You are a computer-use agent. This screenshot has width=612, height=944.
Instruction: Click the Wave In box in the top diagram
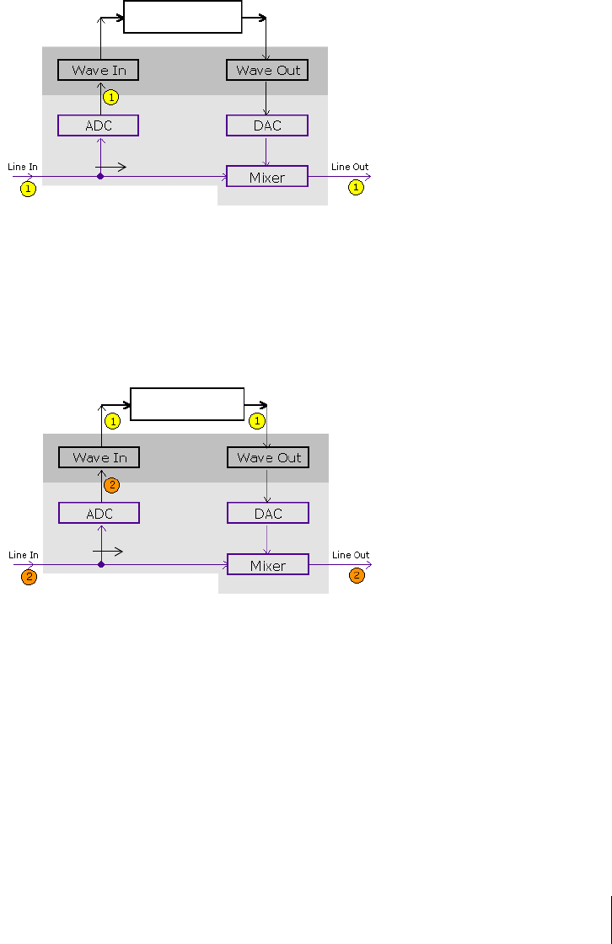pyautogui.click(x=98, y=70)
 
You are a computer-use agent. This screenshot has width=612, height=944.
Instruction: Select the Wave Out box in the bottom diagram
pyautogui.click(x=268, y=457)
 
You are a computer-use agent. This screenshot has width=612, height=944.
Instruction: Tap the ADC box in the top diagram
pyautogui.click(x=98, y=125)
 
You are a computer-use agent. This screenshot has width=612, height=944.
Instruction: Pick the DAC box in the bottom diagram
pyautogui.click(x=268, y=513)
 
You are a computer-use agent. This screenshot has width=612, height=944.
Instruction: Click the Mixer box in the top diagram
pyautogui.click(x=267, y=177)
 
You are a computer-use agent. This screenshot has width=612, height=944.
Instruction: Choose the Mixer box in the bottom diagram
pyautogui.click(x=268, y=565)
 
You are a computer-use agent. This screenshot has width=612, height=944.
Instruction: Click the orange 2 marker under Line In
pyautogui.click(x=29, y=577)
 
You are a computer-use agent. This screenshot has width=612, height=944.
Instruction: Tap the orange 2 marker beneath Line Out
pyautogui.click(x=357, y=576)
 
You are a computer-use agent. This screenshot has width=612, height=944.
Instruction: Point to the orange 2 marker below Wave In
pyautogui.click(x=111, y=485)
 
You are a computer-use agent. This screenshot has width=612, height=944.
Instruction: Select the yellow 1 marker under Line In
pyautogui.click(x=28, y=189)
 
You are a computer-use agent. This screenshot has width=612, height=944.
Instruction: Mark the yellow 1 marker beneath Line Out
pyautogui.click(x=357, y=188)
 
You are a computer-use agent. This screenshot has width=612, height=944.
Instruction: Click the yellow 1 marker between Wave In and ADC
pyautogui.click(x=110, y=97)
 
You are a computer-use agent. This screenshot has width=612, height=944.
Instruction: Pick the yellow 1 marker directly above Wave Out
pyautogui.click(x=257, y=419)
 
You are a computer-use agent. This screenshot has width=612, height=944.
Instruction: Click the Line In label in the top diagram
pyautogui.click(x=23, y=167)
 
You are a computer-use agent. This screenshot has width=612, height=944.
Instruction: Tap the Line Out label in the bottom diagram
pyautogui.click(x=351, y=555)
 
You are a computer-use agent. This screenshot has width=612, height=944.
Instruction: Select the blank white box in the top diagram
pyautogui.click(x=183, y=17)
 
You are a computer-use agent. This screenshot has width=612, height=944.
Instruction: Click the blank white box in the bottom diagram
pyautogui.click(x=187, y=404)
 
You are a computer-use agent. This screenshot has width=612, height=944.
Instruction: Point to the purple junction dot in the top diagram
pyautogui.click(x=100, y=176)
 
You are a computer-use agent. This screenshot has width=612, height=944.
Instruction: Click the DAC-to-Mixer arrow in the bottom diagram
pyautogui.click(x=267, y=539)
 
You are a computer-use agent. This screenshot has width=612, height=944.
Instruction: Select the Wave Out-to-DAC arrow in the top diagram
pyautogui.click(x=266, y=98)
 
